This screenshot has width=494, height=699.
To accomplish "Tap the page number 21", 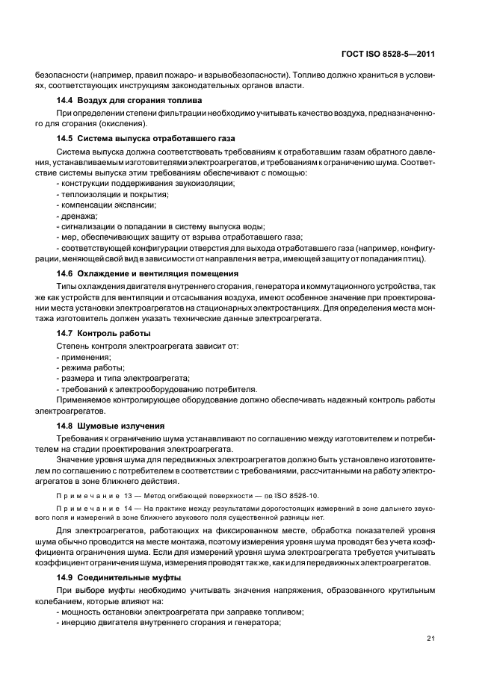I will click(430, 637).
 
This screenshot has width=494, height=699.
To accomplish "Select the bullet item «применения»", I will click(84, 357).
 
